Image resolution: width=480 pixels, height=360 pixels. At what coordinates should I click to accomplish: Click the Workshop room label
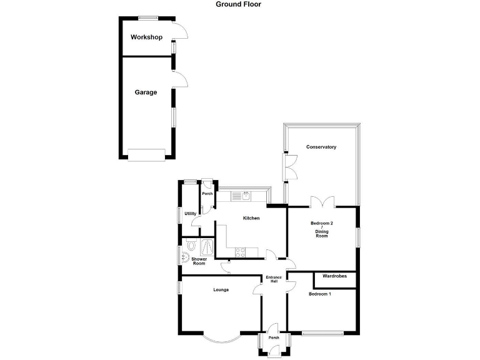[x=146, y=37]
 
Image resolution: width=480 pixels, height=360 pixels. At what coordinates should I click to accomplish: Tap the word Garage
[x=146, y=92]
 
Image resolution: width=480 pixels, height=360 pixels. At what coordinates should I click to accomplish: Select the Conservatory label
[x=321, y=147]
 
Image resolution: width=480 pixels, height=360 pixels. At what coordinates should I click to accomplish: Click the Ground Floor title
[x=239, y=4]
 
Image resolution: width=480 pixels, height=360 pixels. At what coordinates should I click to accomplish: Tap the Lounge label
[x=221, y=290]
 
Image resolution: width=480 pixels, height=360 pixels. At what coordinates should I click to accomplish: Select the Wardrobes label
[x=335, y=276]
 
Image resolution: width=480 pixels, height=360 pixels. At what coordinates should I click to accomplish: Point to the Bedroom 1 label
[x=320, y=294]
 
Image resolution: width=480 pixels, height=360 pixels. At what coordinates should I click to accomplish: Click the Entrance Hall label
[x=274, y=279]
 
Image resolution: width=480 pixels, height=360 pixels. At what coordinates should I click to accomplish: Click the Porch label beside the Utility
[x=207, y=194]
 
